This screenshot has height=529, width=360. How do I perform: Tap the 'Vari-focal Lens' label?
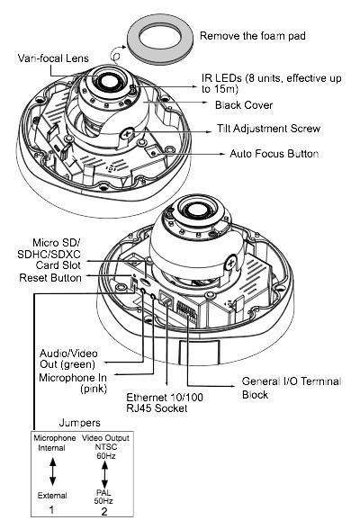(x=53, y=58)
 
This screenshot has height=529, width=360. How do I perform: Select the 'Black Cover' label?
(x=244, y=105)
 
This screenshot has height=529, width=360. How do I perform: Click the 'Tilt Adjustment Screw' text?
(x=268, y=129)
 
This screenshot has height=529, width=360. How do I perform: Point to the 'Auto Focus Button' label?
(x=274, y=154)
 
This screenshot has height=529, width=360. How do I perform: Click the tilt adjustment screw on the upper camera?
(x=127, y=134)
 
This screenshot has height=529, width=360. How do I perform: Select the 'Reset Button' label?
(x=50, y=278)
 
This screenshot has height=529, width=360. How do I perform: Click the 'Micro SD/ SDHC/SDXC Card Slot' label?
(x=49, y=254)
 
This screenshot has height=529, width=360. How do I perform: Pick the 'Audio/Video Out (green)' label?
(x=68, y=359)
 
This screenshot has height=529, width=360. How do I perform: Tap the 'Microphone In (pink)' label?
(x=73, y=382)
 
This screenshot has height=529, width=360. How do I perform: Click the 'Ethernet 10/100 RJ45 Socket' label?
(x=165, y=402)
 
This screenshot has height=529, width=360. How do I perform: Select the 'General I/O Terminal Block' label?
(x=292, y=388)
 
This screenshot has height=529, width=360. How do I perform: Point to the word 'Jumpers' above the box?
(x=79, y=423)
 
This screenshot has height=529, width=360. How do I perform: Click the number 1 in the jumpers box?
(x=51, y=509)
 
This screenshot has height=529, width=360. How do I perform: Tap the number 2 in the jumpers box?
(x=104, y=511)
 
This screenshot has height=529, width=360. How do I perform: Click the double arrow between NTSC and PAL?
(x=104, y=474)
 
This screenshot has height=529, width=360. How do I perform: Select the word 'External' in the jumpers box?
(x=52, y=496)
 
